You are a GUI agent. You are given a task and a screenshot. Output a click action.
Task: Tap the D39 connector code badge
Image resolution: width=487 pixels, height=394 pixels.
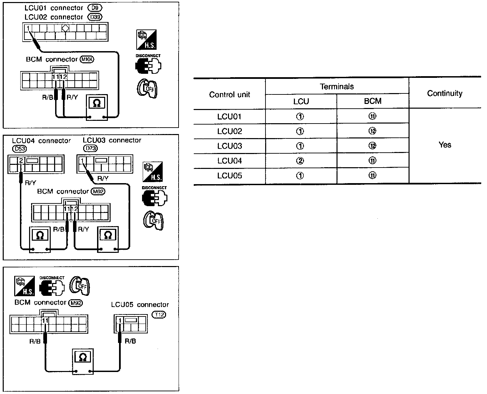tap(95, 17)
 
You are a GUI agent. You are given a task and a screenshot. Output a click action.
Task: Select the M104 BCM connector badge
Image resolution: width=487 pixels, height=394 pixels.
tap(87, 60)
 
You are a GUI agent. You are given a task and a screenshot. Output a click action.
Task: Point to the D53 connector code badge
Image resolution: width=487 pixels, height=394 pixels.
tap(19, 148)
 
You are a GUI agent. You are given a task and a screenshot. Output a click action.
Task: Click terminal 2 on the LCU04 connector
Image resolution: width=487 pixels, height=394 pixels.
tap(21, 160)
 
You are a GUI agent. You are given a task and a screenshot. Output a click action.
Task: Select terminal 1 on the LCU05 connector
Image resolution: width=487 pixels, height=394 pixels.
tap(120, 320)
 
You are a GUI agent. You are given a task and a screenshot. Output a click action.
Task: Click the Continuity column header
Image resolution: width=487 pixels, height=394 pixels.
tap(445, 93)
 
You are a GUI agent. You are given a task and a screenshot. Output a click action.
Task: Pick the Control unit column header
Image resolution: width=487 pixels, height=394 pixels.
tap(230, 94)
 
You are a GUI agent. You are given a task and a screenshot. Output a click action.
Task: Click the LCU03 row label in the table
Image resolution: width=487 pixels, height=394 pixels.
tap(230, 146)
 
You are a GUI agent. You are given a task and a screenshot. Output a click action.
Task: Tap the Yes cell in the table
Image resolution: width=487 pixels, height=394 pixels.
tap(445, 145)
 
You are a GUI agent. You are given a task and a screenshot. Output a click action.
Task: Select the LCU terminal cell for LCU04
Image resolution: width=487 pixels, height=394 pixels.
tap(300, 161)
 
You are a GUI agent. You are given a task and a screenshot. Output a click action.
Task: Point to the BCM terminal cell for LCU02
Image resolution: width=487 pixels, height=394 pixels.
tap(372, 131)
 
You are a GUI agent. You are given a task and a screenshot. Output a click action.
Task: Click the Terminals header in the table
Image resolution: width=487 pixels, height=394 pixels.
tap(337, 87)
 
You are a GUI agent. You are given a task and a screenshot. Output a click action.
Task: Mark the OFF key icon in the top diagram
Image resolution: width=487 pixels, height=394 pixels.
tap(147, 88)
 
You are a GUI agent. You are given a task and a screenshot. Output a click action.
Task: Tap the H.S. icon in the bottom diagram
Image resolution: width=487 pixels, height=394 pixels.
tap(25, 286)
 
